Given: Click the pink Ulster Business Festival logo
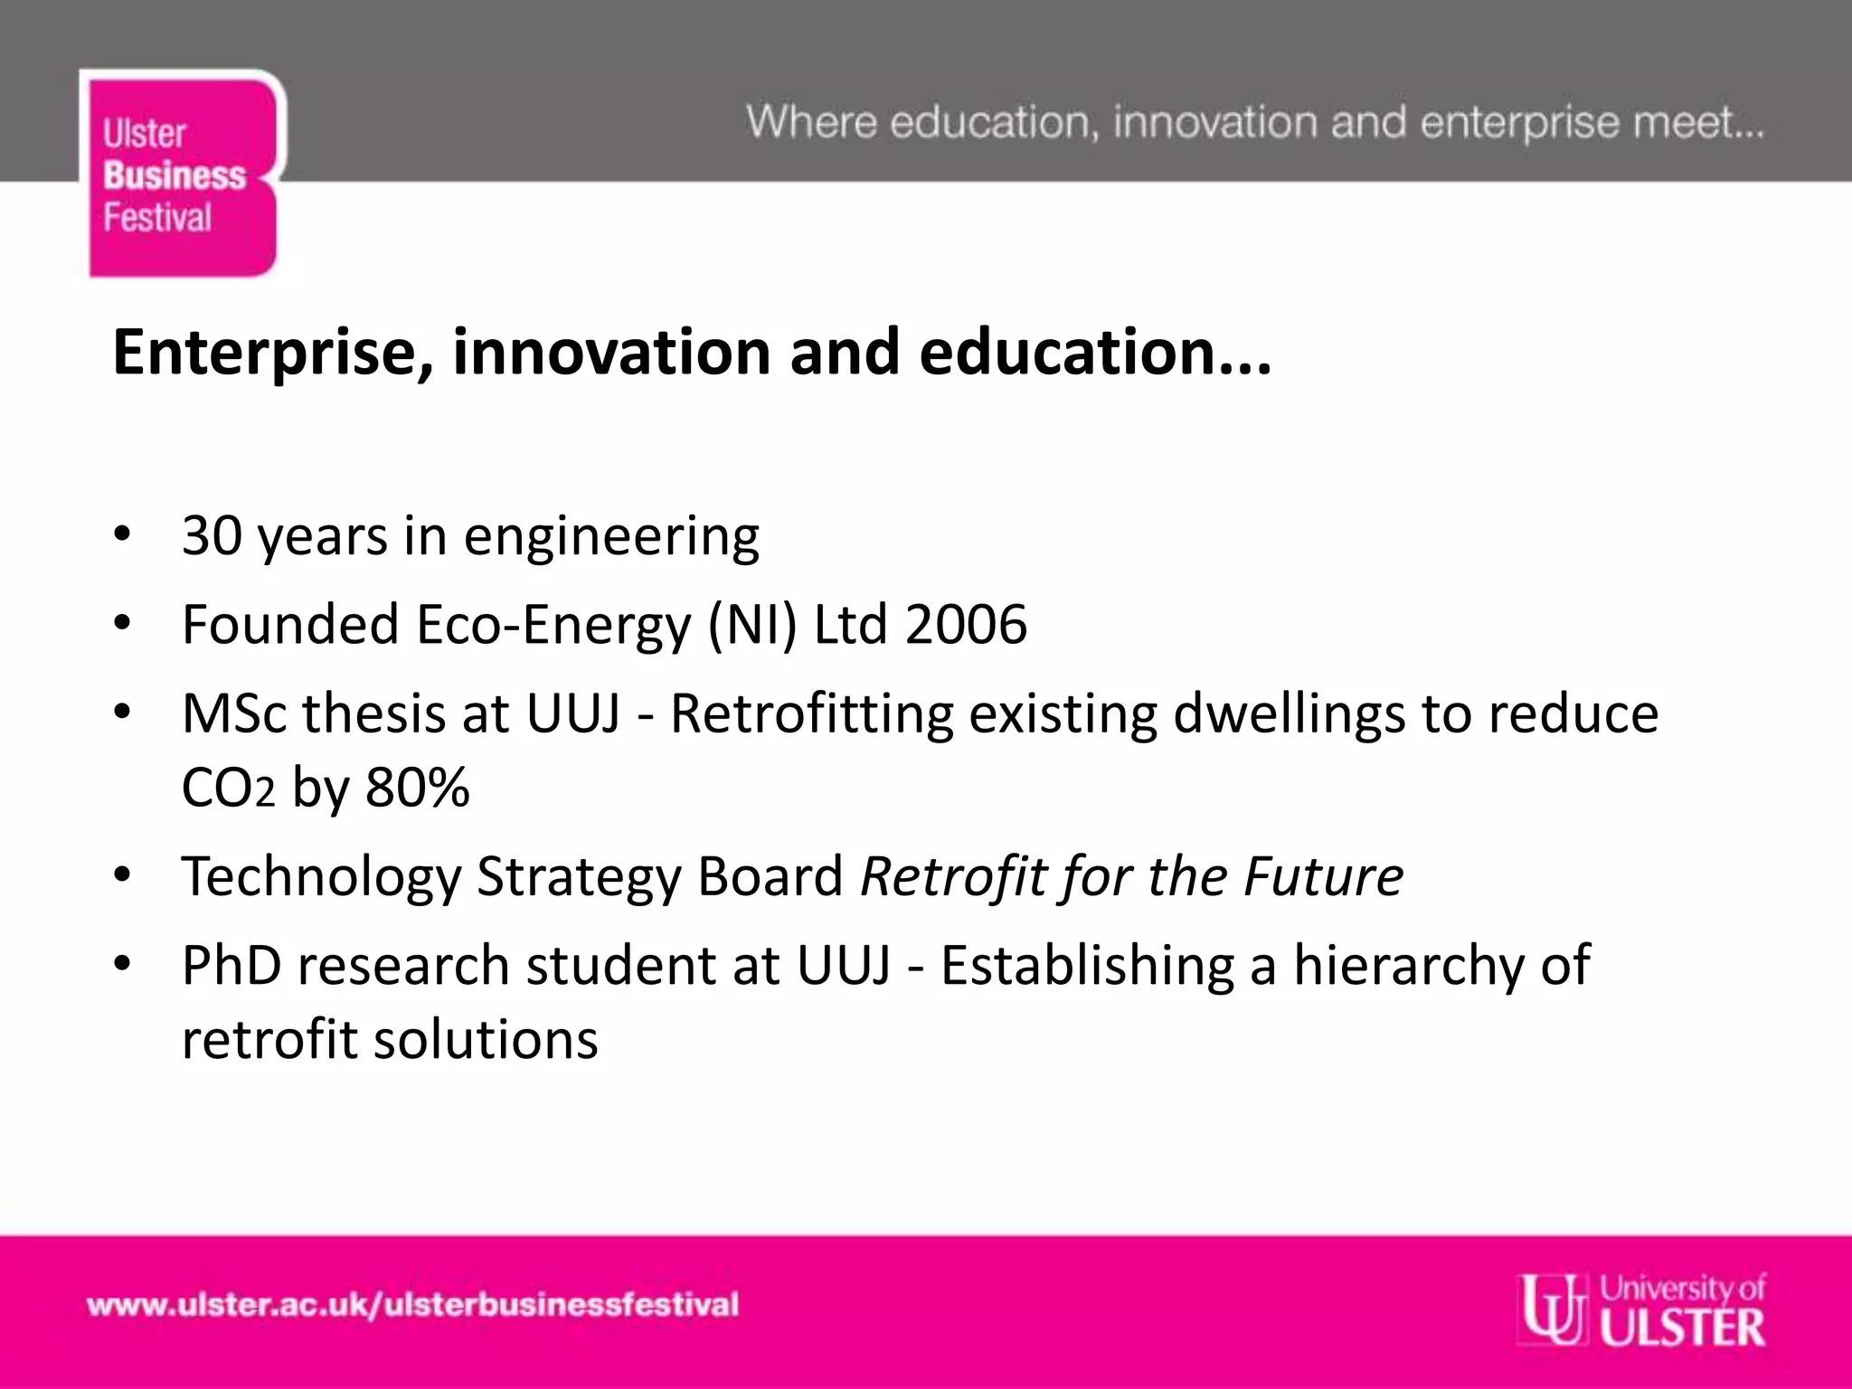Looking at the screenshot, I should click(x=182, y=174).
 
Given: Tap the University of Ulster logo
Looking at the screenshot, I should click(x=1642, y=1309).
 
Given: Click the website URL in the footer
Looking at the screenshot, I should click(x=412, y=1305).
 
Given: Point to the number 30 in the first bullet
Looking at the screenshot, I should click(x=212, y=535).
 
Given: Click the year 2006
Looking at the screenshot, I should click(x=966, y=624).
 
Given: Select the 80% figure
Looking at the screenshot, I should click(x=418, y=787).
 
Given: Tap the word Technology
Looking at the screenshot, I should click(x=321, y=876).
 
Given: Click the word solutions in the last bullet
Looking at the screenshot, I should click(x=486, y=1039).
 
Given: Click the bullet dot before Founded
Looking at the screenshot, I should click(x=123, y=623).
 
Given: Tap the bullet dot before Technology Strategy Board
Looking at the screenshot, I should click(x=123, y=874).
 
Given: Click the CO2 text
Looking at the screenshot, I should click(x=228, y=788).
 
